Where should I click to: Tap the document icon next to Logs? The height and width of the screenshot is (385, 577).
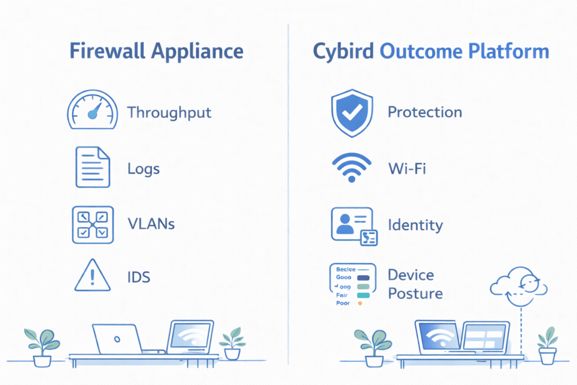(92, 166)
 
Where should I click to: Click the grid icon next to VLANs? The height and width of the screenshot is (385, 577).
(92, 224)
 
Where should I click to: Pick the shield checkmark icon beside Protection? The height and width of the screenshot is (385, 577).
(351, 113)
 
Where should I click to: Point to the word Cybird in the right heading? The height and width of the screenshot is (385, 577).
(343, 52)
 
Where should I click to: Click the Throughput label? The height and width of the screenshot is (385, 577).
(169, 112)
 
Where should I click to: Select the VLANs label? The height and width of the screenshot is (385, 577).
(151, 224)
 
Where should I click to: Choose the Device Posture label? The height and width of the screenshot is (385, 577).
(415, 284)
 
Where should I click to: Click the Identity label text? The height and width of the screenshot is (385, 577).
(415, 225)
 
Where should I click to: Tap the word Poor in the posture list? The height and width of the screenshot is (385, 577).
(343, 303)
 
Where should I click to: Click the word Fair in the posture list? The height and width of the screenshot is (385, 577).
(341, 295)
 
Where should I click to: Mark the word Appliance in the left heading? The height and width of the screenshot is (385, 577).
(197, 52)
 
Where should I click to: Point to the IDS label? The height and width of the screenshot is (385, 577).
(139, 277)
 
